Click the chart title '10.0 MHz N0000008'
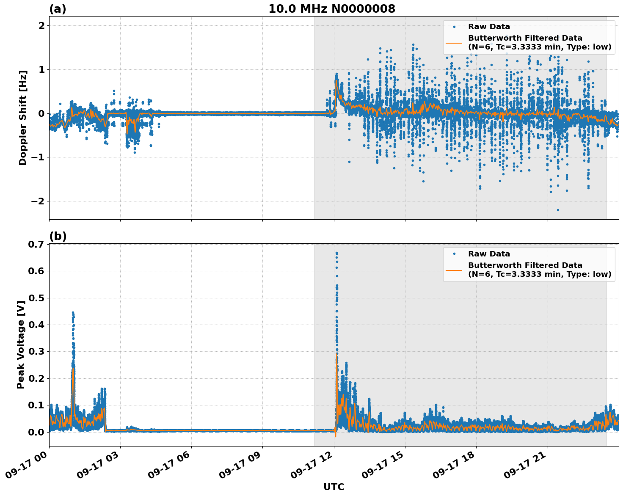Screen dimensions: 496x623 pyautogui.click(x=331, y=9)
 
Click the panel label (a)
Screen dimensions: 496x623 pyautogui.click(x=58, y=9)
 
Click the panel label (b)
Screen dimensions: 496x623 pyautogui.click(x=58, y=236)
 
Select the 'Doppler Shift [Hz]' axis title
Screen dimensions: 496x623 pyautogui.click(x=22, y=118)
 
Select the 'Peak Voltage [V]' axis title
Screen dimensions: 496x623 pyautogui.click(x=20, y=345)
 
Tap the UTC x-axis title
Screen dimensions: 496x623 pyautogui.click(x=334, y=487)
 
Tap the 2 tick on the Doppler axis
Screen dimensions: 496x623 pyautogui.click(x=41, y=25)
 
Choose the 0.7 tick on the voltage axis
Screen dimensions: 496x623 pyautogui.click(x=36, y=244)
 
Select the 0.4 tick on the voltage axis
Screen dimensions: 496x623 pyautogui.click(x=36, y=325)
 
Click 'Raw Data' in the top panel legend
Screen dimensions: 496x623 pyautogui.click(x=489, y=27)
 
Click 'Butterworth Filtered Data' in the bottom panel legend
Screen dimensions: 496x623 pyautogui.click(x=525, y=265)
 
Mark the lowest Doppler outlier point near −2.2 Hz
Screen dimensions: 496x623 pyautogui.click(x=558, y=210)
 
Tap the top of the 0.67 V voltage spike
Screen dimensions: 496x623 pyautogui.click(x=336, y=253)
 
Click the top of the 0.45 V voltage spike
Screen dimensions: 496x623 pyautogui.click(x=73, y=313)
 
